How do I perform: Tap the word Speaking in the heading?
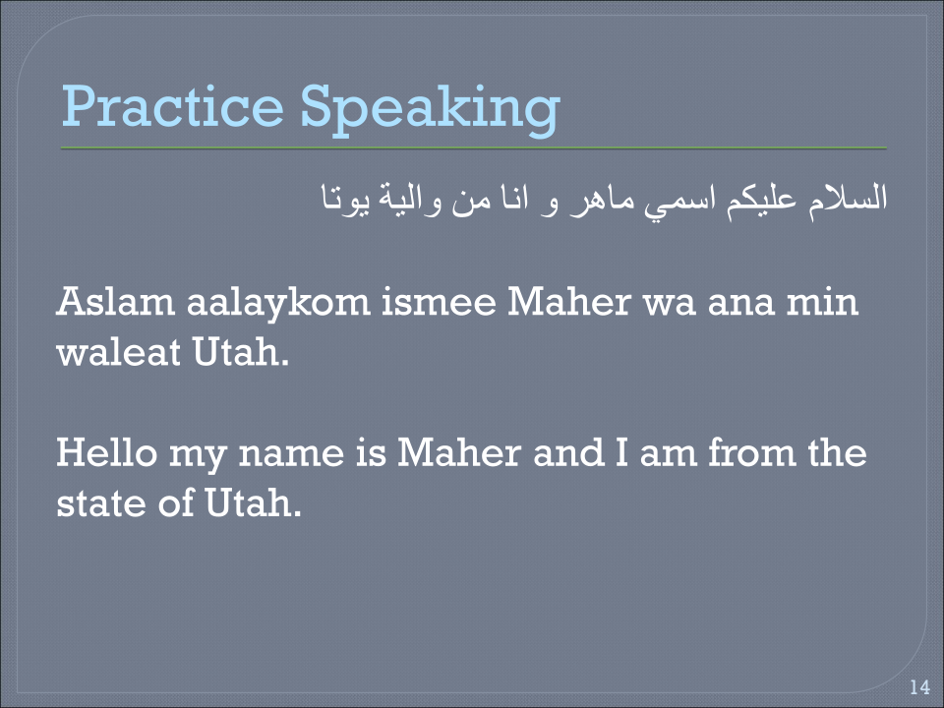click(x=430, y=108)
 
